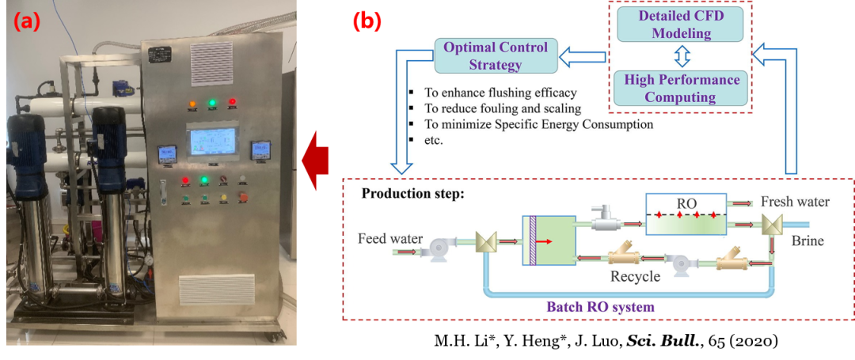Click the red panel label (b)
tap(367, 22)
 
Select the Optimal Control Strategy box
tap(496, 55)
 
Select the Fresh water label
tap(795, 202)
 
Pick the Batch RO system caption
tap(601, 305)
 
